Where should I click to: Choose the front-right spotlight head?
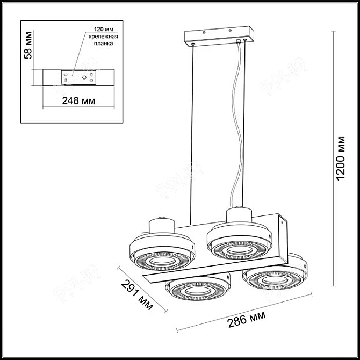tap(275, 276)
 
